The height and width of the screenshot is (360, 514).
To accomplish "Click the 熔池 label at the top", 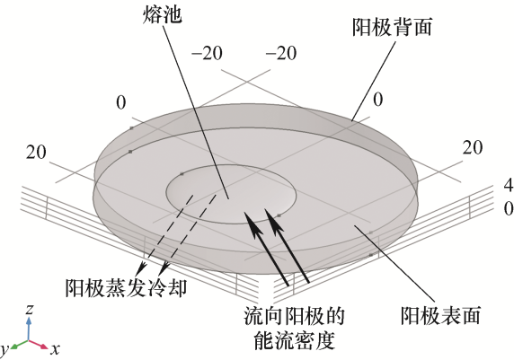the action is click(163, 14).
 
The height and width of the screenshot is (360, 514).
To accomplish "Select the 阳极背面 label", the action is click(392, 27).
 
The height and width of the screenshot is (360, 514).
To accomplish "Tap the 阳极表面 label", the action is click(440, 315).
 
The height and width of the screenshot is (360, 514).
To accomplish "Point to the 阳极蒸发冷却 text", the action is click(126, 288).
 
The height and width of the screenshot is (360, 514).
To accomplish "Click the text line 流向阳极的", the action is click(294, 316).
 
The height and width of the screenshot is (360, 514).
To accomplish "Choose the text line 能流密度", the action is click(294, 340).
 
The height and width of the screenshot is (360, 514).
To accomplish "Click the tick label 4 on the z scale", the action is click(508, 186).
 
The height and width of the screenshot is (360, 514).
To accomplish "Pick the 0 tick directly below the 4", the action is click(509, 208).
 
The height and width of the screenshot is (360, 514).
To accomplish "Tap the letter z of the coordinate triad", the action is click(30, 309).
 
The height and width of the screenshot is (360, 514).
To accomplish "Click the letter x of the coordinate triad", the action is click(55, 349).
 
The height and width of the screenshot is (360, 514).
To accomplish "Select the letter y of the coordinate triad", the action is click(4, 350).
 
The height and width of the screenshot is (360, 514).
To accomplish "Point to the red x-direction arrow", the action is click(39, 344).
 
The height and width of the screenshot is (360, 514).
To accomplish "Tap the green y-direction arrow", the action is click(19, 344).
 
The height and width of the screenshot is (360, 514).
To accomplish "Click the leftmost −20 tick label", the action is click(208, 53).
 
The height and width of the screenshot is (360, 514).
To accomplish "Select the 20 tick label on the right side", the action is click(473, 148).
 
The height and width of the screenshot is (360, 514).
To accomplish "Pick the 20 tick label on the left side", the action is click(36, 153).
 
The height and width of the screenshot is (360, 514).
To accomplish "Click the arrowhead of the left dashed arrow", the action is click(140, 268).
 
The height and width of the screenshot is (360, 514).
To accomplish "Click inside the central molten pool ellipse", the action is click(231, 194).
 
